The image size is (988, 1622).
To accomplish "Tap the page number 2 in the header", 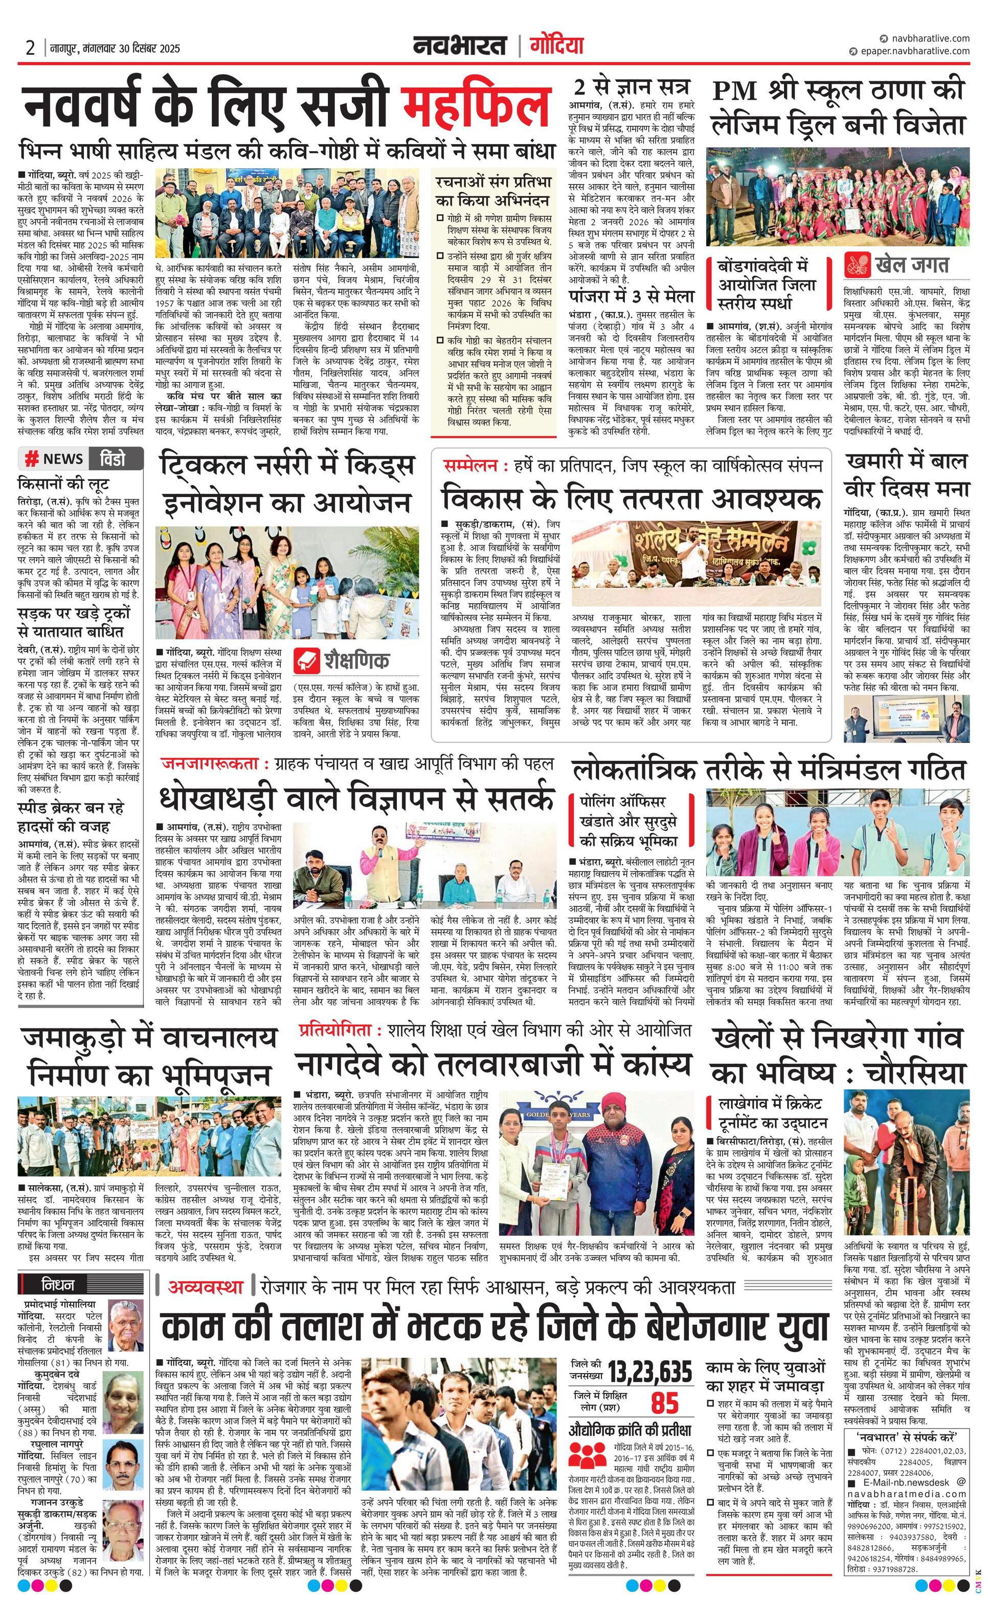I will click(x=30, y=48).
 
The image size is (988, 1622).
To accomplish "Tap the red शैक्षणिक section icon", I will click(x=307, y=661).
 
